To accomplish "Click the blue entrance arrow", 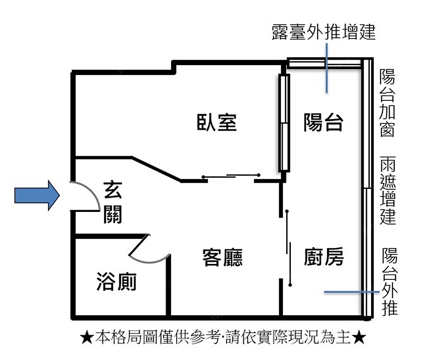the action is (37, 195).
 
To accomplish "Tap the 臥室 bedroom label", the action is (217, 122).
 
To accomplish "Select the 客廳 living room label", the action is (222, 257).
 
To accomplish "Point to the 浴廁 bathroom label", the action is (117, 281).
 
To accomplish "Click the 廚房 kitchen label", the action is (324, 256).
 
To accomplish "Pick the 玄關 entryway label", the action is (113, 202).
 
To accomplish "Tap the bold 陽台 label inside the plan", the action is (323, 122).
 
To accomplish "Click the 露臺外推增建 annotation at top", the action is (323, 32).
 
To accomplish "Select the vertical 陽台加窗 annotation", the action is (387, 103).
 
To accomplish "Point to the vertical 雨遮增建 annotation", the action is (388, 191).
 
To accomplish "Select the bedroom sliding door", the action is (231, 175).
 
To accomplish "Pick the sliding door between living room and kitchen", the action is (288, 248).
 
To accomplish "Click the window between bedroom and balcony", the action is (284, 123).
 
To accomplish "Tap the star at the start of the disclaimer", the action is (88, 338).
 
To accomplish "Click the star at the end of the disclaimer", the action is (359, 338).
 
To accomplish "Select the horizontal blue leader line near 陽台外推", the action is (352, 292).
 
